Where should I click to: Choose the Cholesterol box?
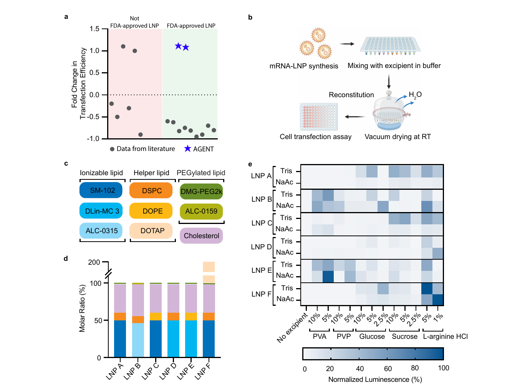tap(202, 236)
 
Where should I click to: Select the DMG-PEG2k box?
tap(202, 192)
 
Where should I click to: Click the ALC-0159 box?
tap(202, 211)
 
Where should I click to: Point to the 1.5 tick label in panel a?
tap(94, 29)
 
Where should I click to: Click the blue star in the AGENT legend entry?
tap(188, 149)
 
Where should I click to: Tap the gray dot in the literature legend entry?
tap(113, 149)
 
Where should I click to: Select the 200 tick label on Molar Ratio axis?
tap(94, 262)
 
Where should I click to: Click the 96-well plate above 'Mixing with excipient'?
tap(391, 46)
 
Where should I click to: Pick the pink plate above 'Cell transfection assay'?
tap(319, 117)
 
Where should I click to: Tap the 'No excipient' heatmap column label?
tap(292, 328)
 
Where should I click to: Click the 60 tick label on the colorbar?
tap(388, 369)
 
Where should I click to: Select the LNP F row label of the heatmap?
tap(262, 295)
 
